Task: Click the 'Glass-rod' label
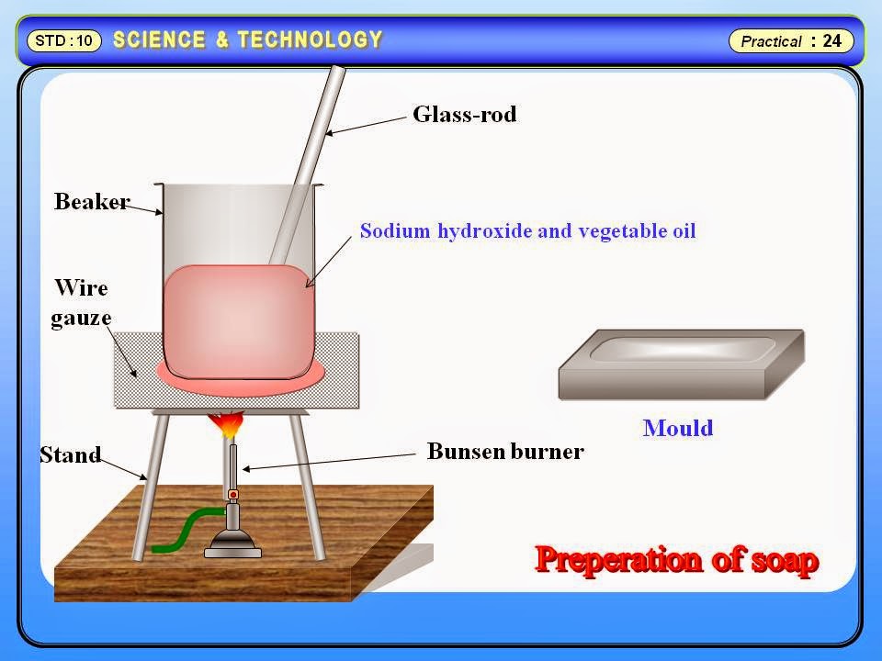click(x=464, y=115)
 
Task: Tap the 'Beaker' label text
click(x=92, y=201)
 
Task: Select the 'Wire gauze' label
click(x=82, y=303)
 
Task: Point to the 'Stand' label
click(x=70, y=454)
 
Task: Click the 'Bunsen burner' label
click(x=505, y=452)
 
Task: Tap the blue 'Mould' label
click(x=678, y=428)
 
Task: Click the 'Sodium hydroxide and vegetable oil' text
click(x=527, y=230)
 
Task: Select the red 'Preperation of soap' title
click(x=676, y=559)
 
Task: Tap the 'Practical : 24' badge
click(x=791, y=40)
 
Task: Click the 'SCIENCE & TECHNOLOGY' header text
click(x=247, y=39)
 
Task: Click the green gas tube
click(x=184, y=532)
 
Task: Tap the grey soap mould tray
click(x=681, y=364)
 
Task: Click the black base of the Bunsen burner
click(x=232, y=547)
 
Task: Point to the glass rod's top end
click(x=338, y=72)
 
